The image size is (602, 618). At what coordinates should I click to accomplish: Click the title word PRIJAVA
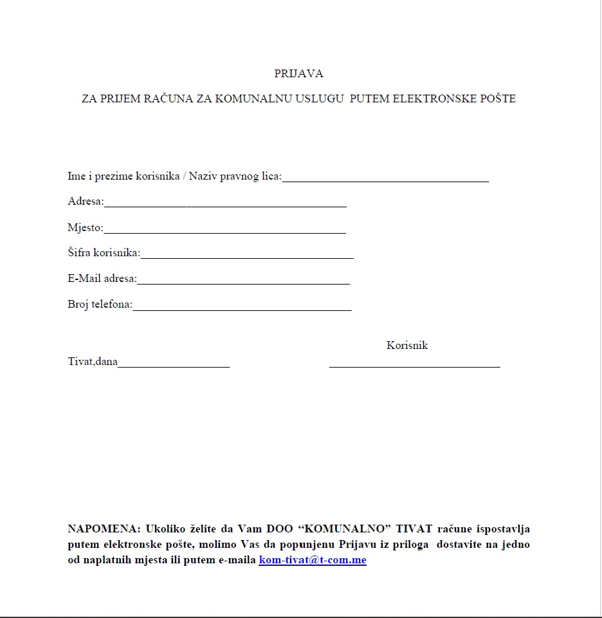[x=298, y=73]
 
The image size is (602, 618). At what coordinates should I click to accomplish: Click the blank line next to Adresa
[x=225, y=205]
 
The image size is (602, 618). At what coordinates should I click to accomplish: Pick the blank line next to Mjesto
[x=224, y=230]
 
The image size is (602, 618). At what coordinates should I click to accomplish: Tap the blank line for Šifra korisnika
[x=247, y=256]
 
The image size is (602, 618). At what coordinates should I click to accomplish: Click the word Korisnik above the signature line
[x=407, y=345]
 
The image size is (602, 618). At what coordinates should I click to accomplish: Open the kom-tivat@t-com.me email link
[x=313, y=560]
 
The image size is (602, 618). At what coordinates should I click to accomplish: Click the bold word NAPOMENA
[x=103, y=529]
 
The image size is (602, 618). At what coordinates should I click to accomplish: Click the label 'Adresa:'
[x=86, y=201]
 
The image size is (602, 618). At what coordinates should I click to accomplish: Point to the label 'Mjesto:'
[x=85, y=227]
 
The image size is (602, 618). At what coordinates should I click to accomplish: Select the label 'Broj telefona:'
[x=100, y=304]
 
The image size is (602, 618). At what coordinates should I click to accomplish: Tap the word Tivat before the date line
[x=80, y=362]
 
